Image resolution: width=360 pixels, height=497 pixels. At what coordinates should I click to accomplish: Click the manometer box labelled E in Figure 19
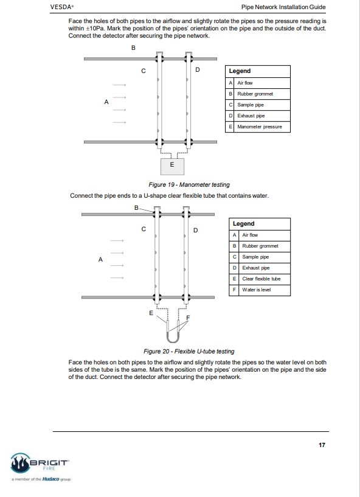point(172,166)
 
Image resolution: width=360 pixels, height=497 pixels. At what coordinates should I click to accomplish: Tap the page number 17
point(322,445)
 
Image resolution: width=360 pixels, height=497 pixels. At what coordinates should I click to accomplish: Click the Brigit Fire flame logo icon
point(20,463)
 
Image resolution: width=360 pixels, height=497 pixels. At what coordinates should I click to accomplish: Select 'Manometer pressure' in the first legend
point(260,127)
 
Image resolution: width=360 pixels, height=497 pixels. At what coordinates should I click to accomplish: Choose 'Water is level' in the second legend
point(257,290)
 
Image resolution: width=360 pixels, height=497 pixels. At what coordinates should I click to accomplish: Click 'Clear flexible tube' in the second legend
point(261,279)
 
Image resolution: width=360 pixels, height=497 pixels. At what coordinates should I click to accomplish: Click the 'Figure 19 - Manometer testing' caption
point(189,185)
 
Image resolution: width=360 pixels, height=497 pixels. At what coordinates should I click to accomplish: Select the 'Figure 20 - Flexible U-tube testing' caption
point(189,351)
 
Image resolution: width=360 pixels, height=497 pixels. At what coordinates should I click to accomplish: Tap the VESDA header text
point(62,7)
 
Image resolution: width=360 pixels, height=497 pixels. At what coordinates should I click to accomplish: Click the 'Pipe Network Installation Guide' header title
point(283,7)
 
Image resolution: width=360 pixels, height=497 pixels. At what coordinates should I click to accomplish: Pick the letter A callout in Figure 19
point(106,102)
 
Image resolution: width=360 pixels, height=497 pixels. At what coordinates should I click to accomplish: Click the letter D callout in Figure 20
point(196,230)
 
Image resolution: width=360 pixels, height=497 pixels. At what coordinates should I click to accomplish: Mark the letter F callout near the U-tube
point(188,318)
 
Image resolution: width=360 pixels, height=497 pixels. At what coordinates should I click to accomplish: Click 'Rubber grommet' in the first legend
point(255,94)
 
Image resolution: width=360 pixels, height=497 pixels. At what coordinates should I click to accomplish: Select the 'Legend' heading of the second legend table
point(243,224)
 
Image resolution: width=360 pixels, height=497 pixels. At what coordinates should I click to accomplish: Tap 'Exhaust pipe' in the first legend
point(251,116)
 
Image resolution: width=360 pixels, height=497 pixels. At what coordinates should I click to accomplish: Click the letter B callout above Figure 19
point(133,48)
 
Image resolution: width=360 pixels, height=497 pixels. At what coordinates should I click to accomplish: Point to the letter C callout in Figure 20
point(144,229)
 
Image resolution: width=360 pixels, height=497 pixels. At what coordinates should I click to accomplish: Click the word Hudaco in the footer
point(50,479)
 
